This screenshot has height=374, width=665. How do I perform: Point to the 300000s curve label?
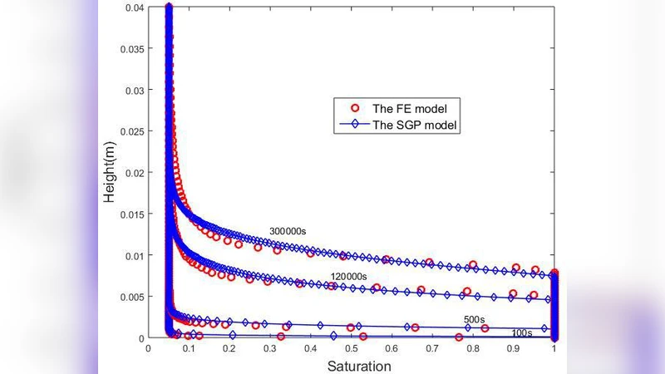coord(288,231)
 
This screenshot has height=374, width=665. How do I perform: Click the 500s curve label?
coord(475,319)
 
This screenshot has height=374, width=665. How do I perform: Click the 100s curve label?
coord(522,332)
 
